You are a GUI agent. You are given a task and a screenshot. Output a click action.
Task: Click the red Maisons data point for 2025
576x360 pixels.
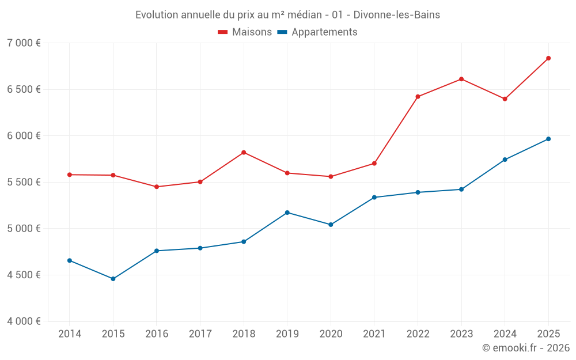(x=548, y=58)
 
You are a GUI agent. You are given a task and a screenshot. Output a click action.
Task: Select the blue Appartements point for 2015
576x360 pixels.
(x=113, y=279)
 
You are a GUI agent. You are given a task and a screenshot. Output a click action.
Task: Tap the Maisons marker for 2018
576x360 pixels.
(x=244, y=152)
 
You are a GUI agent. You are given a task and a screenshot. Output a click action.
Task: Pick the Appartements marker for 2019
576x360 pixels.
(x=287, y=213)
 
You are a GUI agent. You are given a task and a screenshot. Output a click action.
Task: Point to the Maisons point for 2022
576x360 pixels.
(x=418, y=97)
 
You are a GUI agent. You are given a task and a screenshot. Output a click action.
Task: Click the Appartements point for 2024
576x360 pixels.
(x=505, y=160)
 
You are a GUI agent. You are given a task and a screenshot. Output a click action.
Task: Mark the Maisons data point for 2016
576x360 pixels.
(x=157, y=187)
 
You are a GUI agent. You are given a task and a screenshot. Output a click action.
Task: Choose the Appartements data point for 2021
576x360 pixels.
(x=374, y=198)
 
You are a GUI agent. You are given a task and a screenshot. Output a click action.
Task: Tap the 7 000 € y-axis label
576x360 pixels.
(x=24, y=43)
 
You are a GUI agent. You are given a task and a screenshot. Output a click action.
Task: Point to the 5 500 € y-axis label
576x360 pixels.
(x=24, y=182)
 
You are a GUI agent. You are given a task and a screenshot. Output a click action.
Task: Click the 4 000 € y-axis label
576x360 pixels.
(x=24, y=321)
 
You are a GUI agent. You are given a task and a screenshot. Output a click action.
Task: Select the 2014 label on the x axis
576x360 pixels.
(x=70, y=334)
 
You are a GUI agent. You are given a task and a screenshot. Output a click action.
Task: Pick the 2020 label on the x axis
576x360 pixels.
(x=331, y=334)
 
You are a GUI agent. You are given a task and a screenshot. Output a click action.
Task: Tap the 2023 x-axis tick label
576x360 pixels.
(x=461, y=334)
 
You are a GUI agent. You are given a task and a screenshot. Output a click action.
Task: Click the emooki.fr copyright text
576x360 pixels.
(x=526, y=348)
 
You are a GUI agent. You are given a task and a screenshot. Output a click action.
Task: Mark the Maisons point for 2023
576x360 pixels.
(x=461, y=79)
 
